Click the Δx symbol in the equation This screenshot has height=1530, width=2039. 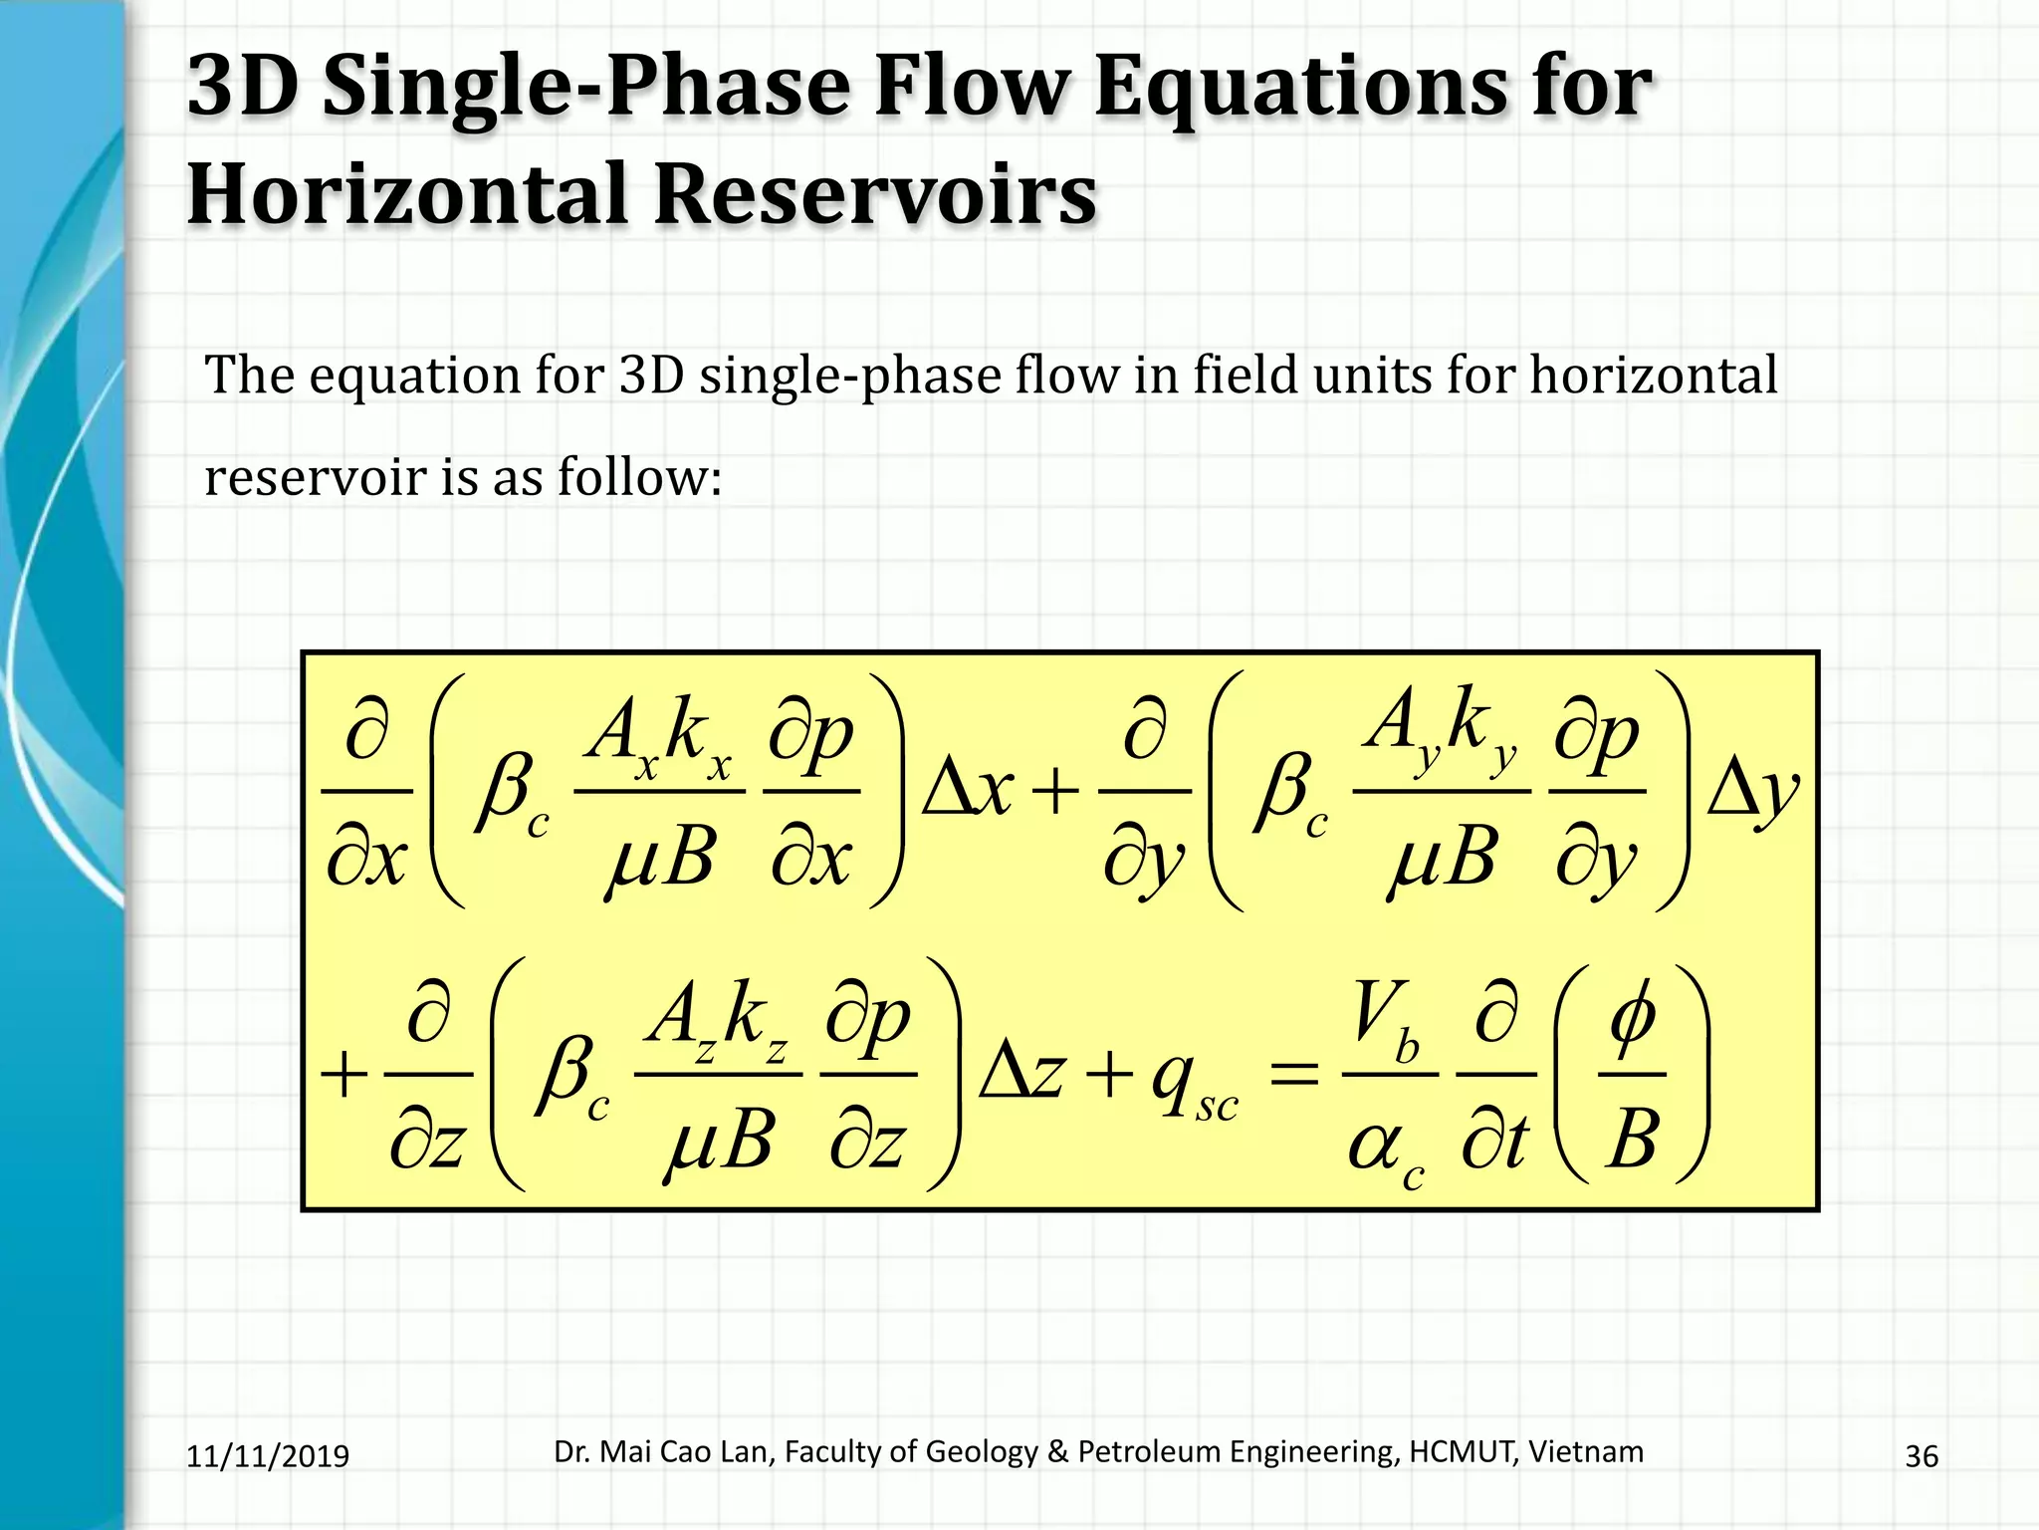[967, 792]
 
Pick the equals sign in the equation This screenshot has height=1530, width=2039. [1294, 1076]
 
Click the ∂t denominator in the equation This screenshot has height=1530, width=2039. [1494, 1141]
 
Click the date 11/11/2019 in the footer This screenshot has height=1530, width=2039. [268, 1456]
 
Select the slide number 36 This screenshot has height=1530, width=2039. [1921, 1456]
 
